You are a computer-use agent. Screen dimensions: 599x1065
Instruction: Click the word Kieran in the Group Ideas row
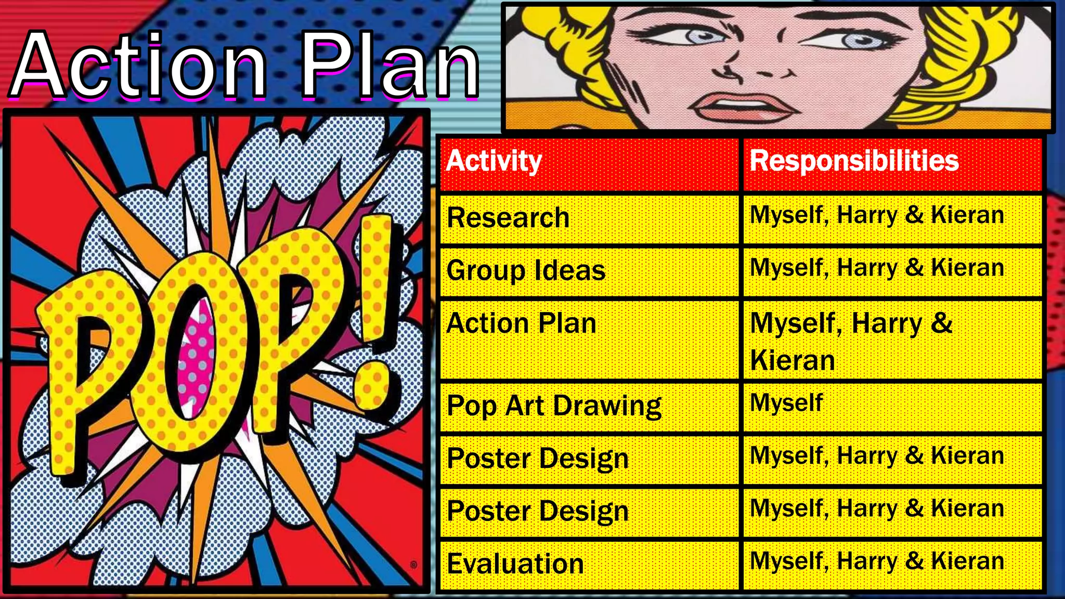click(x=967, y=268)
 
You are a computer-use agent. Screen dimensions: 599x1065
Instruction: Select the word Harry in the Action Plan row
click(x=887, y=324)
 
